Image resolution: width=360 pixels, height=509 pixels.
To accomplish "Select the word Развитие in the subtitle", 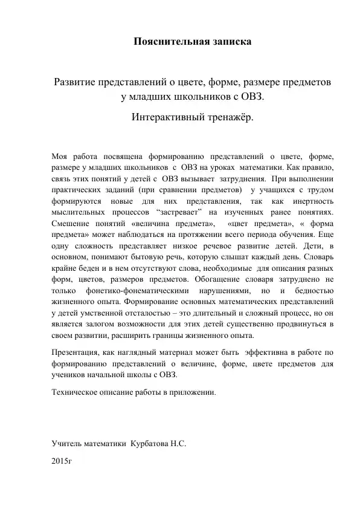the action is [79, 82].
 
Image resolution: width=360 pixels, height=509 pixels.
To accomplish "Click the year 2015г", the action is [62, 461].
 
